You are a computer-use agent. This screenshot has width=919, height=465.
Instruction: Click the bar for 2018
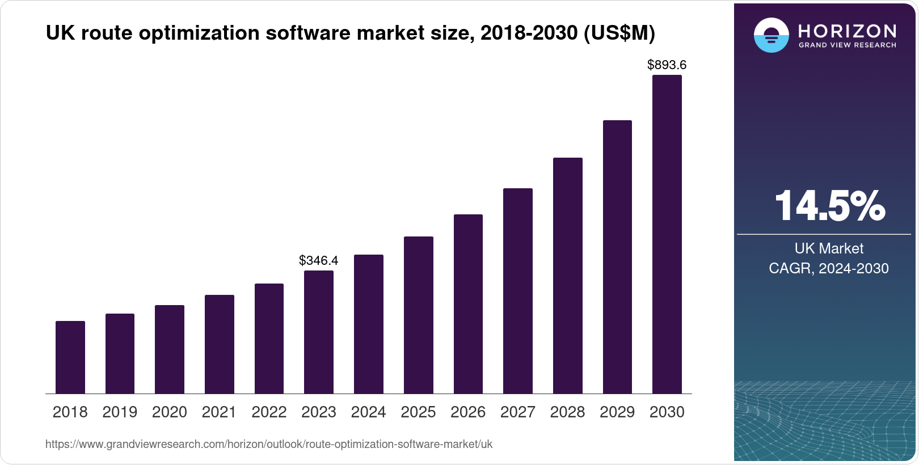70,357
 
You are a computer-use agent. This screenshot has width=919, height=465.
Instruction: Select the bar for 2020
170,349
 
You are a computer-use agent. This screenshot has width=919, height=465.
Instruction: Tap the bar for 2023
319,332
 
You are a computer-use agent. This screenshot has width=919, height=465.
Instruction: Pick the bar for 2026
468,304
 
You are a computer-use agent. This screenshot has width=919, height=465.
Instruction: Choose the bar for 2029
617,257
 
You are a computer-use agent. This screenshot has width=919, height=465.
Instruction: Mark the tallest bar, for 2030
667,234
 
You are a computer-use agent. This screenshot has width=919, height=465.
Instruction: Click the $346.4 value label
318,260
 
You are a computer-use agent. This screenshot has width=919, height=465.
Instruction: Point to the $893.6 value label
667,65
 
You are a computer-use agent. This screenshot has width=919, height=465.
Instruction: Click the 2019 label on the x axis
120,412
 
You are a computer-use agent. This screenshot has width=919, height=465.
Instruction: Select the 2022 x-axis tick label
269,412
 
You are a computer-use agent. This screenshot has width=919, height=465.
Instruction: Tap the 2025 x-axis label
418,412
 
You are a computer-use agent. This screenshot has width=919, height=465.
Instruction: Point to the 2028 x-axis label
567,412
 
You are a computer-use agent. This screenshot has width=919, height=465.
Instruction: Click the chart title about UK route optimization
350,33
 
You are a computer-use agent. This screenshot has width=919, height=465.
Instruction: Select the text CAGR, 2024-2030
828,268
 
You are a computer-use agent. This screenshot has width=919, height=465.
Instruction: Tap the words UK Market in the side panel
829,248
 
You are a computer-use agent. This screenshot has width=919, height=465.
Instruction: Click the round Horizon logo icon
771,35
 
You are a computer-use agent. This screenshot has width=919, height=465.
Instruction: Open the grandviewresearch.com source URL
269,444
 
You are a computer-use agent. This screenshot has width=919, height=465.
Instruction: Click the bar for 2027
518,291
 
